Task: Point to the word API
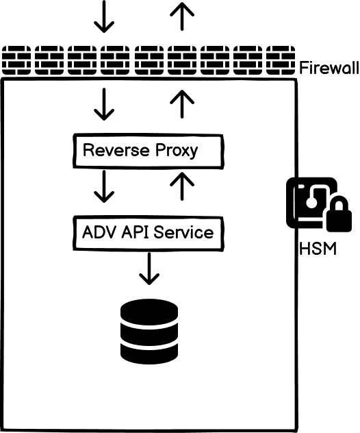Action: (x=135, y=232)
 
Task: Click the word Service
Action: (x=183, y=232)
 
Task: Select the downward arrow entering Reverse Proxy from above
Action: (x=104, y=105)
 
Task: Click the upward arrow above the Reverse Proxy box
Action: (x=182, y=105)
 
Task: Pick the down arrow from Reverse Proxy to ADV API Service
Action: (x=104, y=186)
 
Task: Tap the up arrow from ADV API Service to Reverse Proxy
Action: (x=182, y=186)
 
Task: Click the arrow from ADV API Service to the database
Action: (x=149, y=268)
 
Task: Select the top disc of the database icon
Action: (x=149, y=312)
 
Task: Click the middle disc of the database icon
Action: (x=149, y=332)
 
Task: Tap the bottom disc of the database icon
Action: (x=149, y=351)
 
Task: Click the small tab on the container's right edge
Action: (x=292, y=202)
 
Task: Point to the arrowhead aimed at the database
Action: (x=149, y=280)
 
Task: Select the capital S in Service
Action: (x=159, y=232)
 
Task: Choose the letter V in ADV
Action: (x=112, y=232)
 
